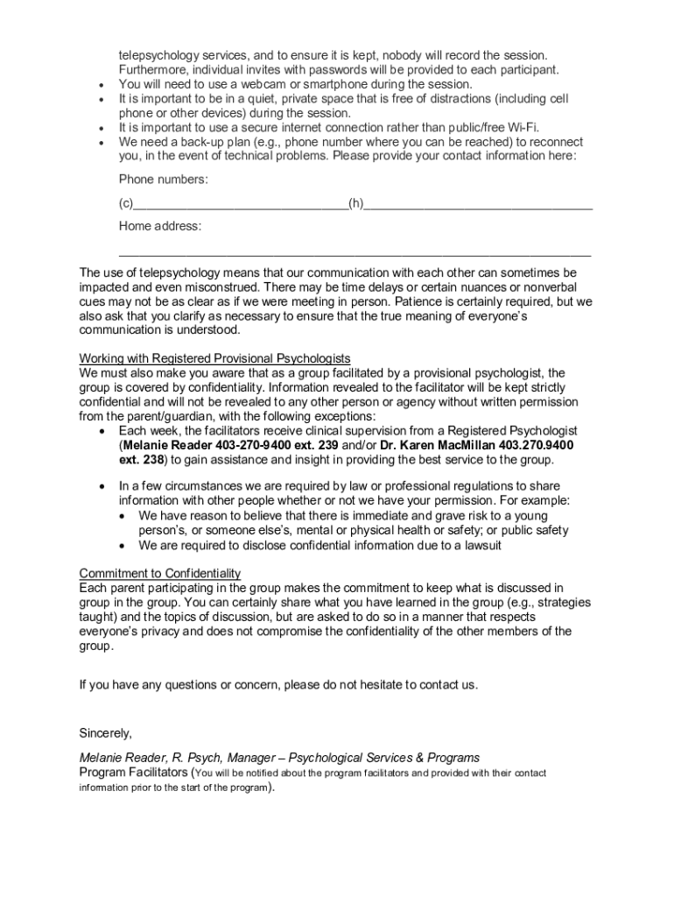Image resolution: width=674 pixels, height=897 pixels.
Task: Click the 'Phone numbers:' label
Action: click(x=164, y=180)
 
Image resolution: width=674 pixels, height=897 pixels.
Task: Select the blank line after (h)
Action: click(x=478, y=207)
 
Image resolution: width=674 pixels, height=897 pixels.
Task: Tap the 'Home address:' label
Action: click(x=160, y=227)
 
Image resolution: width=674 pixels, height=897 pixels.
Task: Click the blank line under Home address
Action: click(x=355, y=253)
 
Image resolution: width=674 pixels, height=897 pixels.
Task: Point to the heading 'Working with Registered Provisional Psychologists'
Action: click(x=214, y=359)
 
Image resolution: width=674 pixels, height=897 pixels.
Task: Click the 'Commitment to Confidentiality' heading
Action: click(x=159, y=574)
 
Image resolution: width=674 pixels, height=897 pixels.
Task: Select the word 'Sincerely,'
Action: click(x=105, y=731)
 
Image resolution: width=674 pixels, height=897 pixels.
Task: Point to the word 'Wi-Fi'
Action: click(x=520, y=128)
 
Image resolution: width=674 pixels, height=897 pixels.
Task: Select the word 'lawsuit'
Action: click(x=480, y=545)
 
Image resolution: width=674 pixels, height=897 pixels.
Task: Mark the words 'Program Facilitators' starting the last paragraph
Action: click(x=133, y=773)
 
